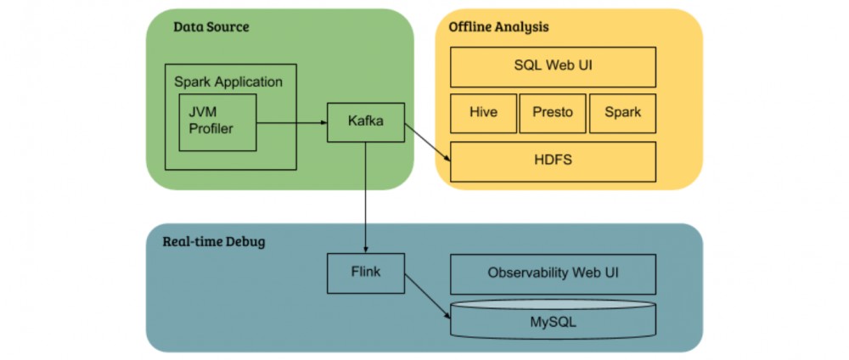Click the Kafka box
(x=366, y=121)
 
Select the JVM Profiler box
(x=217, y=122)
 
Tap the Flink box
(x=366, y=273)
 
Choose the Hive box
(x=483, y=113)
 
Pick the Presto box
(x=553, y=113)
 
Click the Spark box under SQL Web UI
(x=621, y=113)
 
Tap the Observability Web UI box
(x=553, y=273)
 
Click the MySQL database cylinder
(x=553, y=321)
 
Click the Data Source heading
(x=211, y=26)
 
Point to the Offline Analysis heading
(x=498, y=26)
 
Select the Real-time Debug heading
(x=214, y=242)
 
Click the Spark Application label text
(x=228, y=82)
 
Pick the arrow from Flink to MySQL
(x=427, y=297)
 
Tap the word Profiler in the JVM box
(x=211, y=130)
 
